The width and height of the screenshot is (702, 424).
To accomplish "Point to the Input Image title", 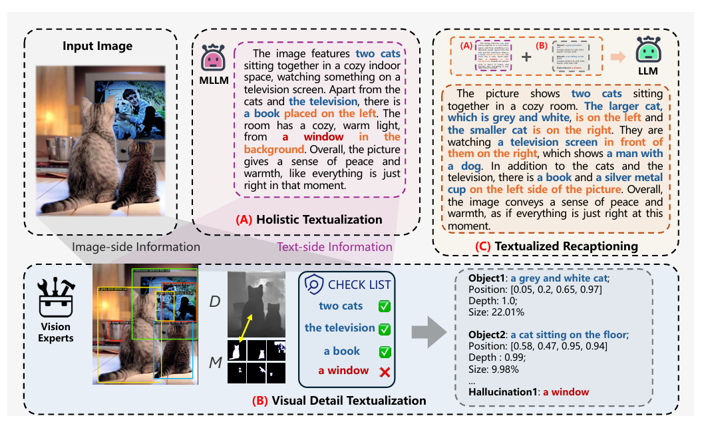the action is point(98,46).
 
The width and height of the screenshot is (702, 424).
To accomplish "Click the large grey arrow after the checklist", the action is point(428,331).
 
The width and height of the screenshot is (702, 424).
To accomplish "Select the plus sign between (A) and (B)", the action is point(526,56).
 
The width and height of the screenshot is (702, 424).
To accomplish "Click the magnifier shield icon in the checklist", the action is point(313,285).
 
